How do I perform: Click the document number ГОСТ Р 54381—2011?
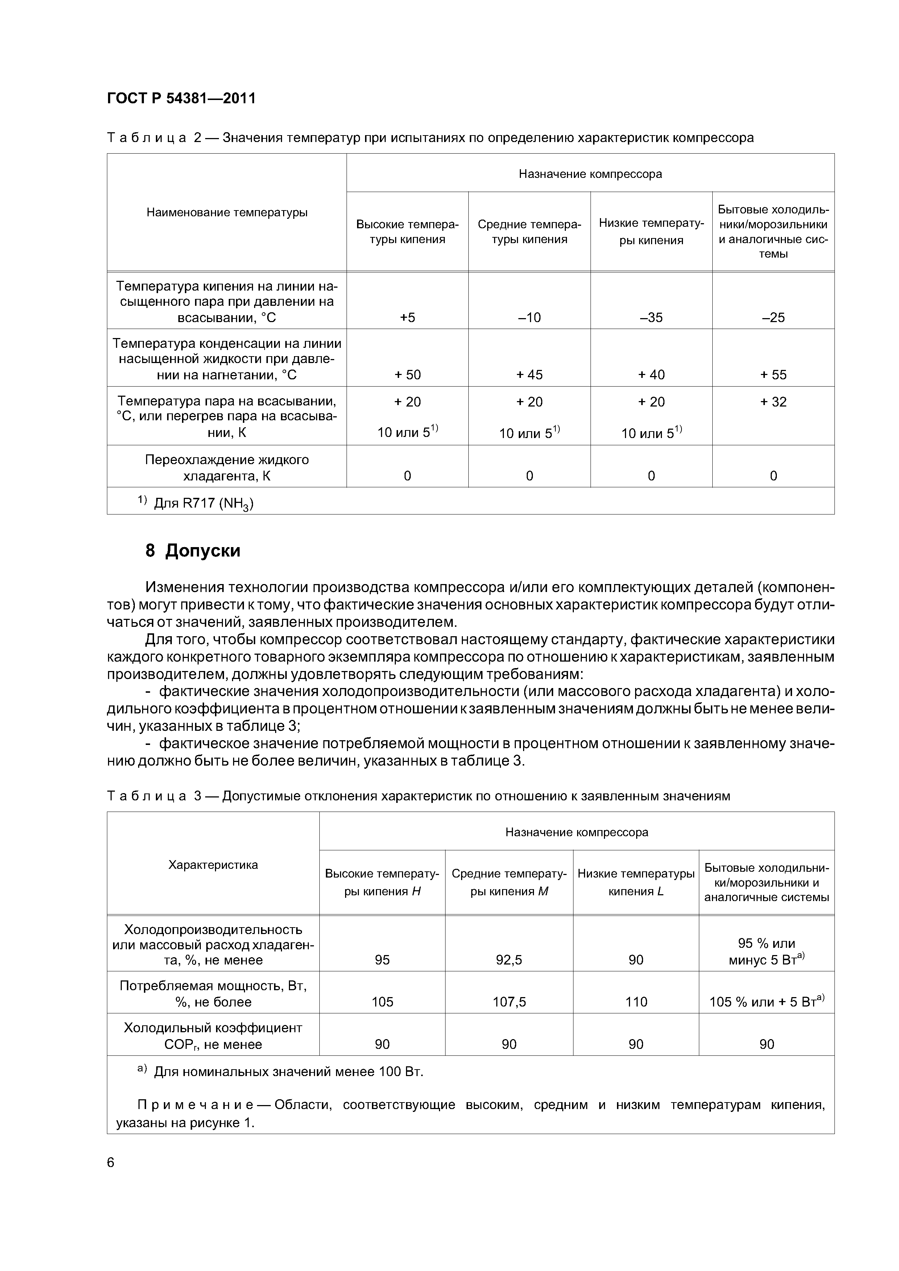181,99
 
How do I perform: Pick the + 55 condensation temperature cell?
773,375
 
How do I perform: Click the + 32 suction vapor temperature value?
773,402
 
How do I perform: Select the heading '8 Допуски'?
193,551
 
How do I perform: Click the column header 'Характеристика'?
213,865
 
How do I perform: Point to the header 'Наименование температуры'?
227,213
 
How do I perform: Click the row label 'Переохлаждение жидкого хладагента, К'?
227,468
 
